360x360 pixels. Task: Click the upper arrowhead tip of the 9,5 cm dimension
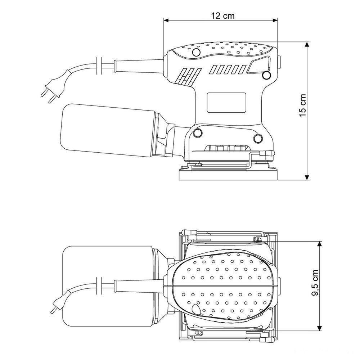(319, 241)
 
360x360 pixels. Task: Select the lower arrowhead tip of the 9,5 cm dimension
(319, 331)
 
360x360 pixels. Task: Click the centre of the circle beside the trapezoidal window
(266, 75)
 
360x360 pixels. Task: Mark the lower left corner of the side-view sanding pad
(179, 180)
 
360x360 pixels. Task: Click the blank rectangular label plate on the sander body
(226, 103)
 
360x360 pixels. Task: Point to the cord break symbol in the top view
(99, 285)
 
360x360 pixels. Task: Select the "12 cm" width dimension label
(223, 15)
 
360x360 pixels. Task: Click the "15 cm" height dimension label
(303, 105)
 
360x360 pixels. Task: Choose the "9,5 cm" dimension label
(315, 283)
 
